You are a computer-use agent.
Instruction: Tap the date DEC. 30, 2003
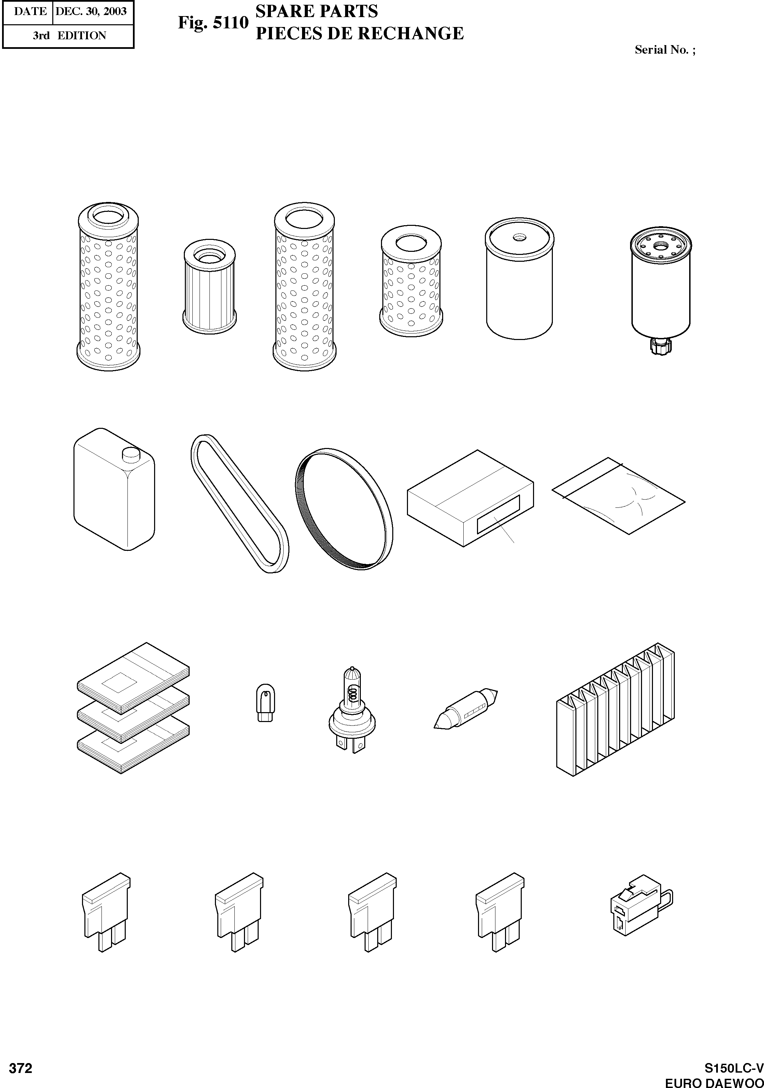(x=91, y=11)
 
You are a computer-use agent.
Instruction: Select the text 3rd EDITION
(x=69, y=36)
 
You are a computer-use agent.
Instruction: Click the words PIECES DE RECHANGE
(x=359, y=33)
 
